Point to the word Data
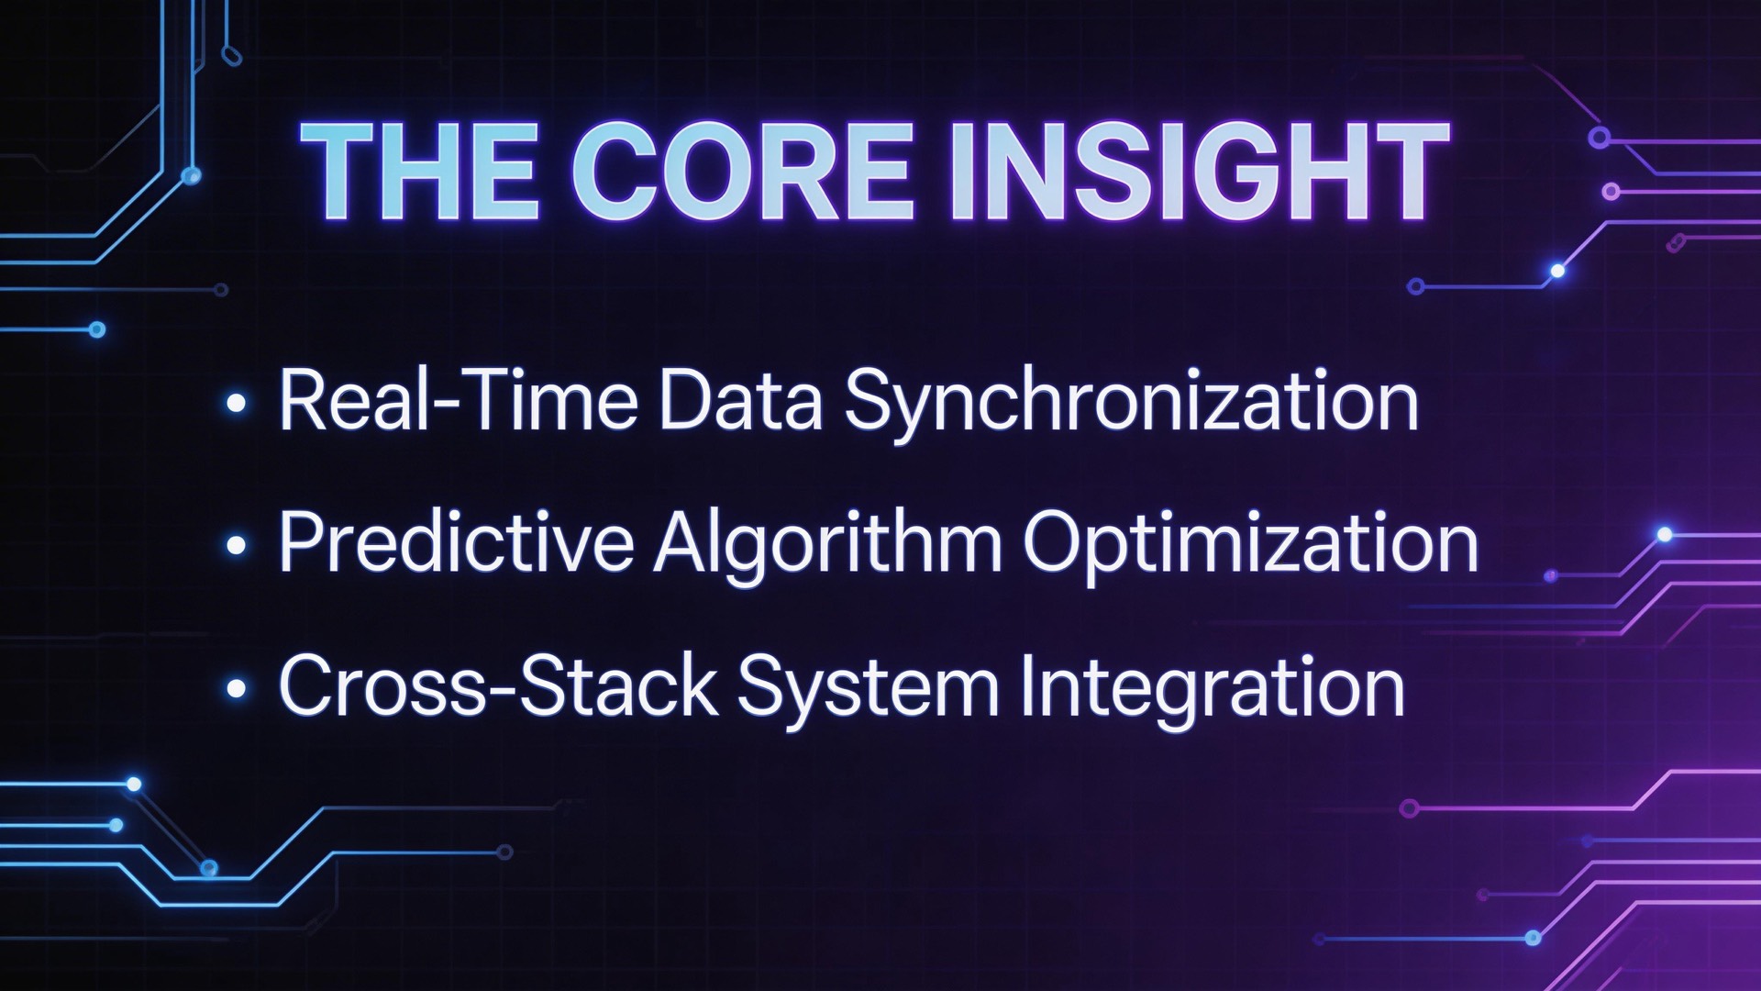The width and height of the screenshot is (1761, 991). click(740, 400)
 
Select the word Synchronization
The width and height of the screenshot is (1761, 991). click(1131, 402)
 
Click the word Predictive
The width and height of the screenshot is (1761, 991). click(456, 542)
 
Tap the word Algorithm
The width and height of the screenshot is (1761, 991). click(827, 544)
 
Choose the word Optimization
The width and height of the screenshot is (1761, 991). click(1250, 544)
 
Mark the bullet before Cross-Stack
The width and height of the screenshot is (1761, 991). click(237, 689)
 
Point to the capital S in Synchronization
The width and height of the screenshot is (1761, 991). click(870, 400)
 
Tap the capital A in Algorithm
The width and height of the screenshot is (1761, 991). click(681, 542)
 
